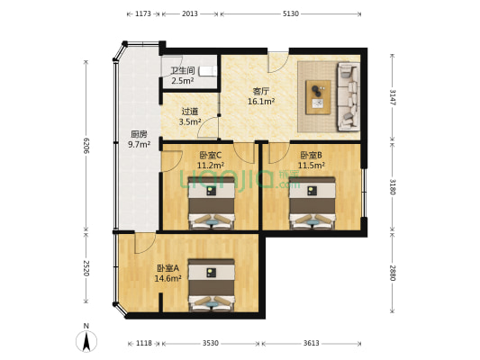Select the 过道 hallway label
tap(188, 112)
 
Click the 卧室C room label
tap(210, 155)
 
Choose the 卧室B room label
tap(311, 155)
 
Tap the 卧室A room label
tap(168, 268)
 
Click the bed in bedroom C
tap(212, 202)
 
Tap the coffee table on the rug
tap(318, 94)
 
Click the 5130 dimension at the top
tap(290, 14)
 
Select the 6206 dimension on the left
tap(87, 144)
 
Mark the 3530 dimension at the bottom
tap(210, 343)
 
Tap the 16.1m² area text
tap(261, 102)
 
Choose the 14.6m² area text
tap(168, 279)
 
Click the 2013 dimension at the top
tap(190, 14)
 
